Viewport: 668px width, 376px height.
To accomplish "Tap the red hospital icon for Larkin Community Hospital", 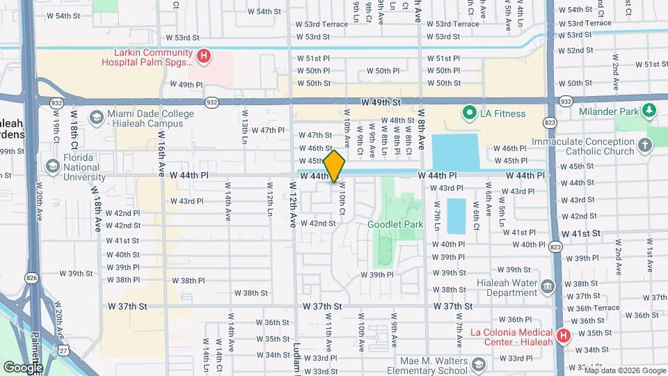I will tap(204, 56).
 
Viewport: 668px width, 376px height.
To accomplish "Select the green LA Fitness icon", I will tap(469, 113).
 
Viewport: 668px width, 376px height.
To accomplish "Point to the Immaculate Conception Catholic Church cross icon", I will tap(645, 146).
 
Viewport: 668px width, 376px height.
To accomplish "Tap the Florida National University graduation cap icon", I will tap(52, 166).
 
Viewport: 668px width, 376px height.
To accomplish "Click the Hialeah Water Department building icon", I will tap(548, 286).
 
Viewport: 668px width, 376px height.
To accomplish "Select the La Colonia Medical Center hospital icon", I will tap(564, 336).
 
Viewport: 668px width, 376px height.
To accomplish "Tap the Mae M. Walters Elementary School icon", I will tap(479, 365).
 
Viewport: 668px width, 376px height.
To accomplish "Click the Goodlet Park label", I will tap(395, 224).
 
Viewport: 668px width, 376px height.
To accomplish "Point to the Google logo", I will tap(22, 367).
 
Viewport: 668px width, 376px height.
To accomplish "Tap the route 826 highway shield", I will tap(31, 278).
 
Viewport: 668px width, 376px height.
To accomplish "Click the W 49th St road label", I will tap(381, 102).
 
